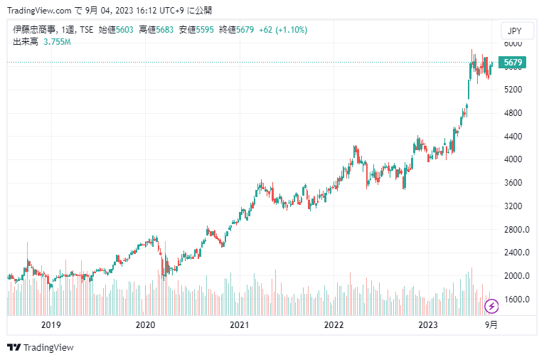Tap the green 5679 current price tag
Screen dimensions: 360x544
click(x=512, y=63)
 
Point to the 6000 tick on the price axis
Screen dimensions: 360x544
click(x=513, y=43)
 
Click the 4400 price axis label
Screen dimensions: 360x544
click(x=513, y=137)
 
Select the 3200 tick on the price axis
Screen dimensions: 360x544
click(x=513, y=206)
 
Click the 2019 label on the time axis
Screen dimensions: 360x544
click(x=50, y=324)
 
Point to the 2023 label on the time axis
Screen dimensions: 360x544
click(x=428, y=324)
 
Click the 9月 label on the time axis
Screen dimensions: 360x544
click(x=491, y=324)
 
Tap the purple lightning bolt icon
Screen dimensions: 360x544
click(x=491, y=307)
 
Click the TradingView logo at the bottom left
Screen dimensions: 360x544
click(x=41, y=347)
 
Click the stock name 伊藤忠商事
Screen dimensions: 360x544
click(x=35, y=30)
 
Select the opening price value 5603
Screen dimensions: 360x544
click(x=126, y=30)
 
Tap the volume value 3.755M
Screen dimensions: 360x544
click(x=57, y=42)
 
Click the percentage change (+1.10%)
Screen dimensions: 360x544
click(x=291, y=30)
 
